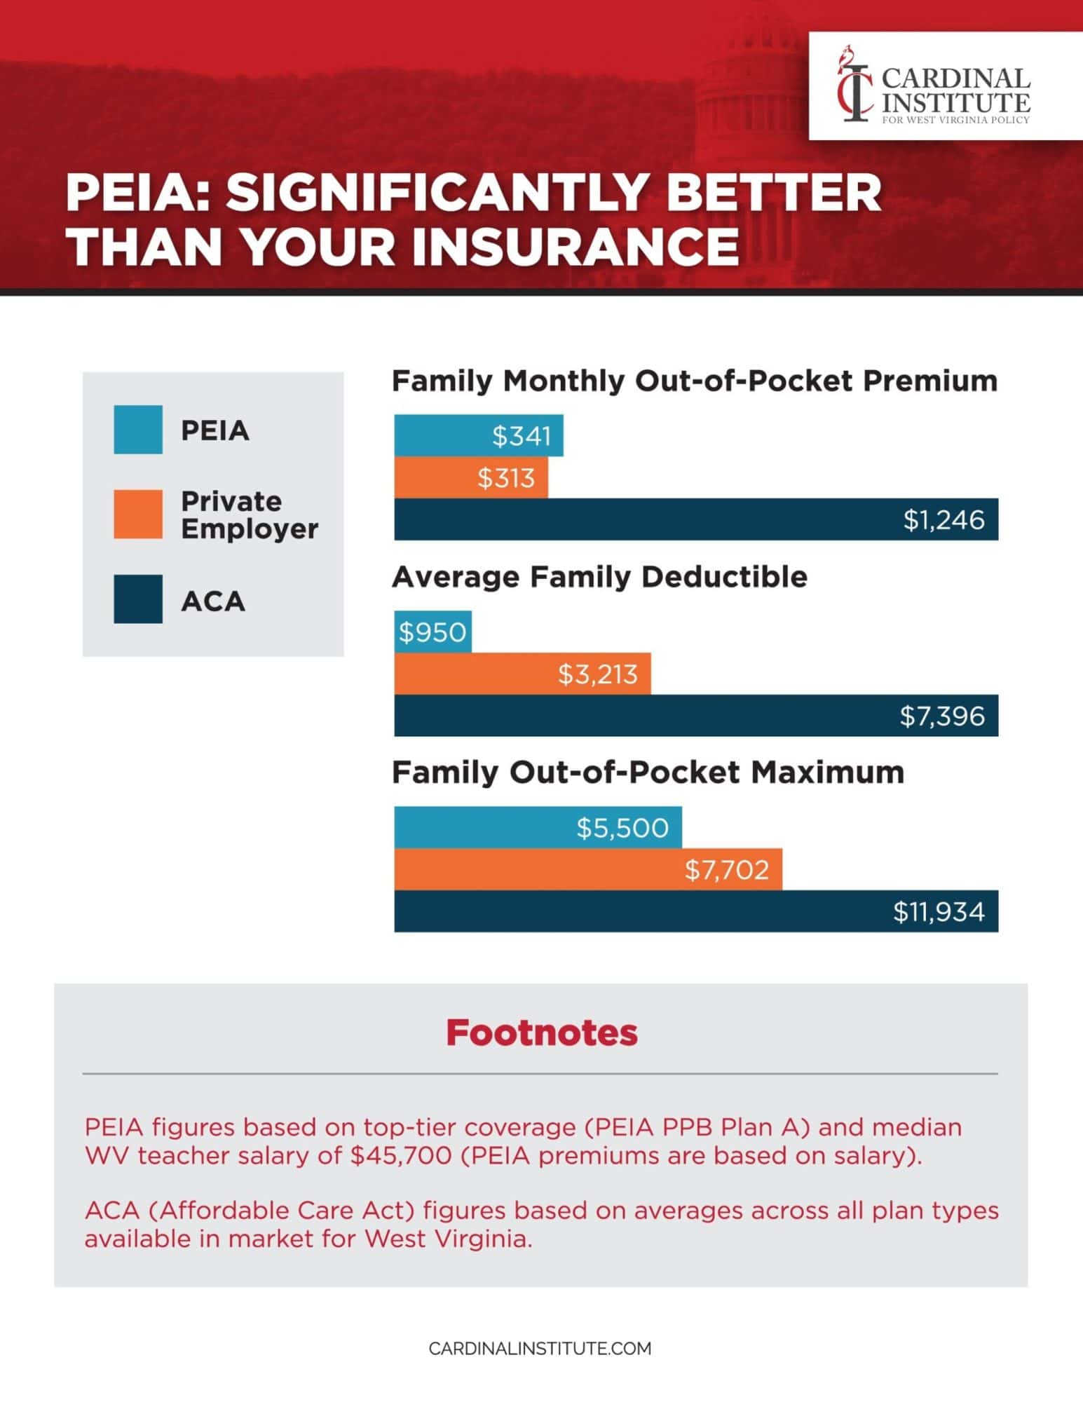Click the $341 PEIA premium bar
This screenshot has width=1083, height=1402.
click(478, 435)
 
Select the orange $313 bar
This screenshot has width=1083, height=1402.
click(470, 477)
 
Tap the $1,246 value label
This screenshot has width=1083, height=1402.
click(944, 519)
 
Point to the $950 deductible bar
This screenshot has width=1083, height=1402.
click(432, 632)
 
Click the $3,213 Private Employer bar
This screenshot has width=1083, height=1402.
click(522, 674)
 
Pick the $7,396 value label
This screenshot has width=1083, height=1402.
click(942, 716)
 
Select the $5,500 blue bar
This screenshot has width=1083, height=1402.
click(538, 827)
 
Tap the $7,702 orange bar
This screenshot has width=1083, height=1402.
click(587, 869)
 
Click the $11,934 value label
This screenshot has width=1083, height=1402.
click(939, 911)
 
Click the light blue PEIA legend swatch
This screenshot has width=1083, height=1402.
click(138, 429)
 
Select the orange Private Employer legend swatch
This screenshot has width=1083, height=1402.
click(138, 514)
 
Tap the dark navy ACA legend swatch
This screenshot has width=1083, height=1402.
click(138, 599)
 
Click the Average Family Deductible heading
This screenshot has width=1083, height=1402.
click(599, 577)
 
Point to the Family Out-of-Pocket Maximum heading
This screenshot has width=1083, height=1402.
click(648, 773)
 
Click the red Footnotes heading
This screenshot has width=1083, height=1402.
click(541, 1033)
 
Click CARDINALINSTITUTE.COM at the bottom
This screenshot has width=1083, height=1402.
click(540, 1348)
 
